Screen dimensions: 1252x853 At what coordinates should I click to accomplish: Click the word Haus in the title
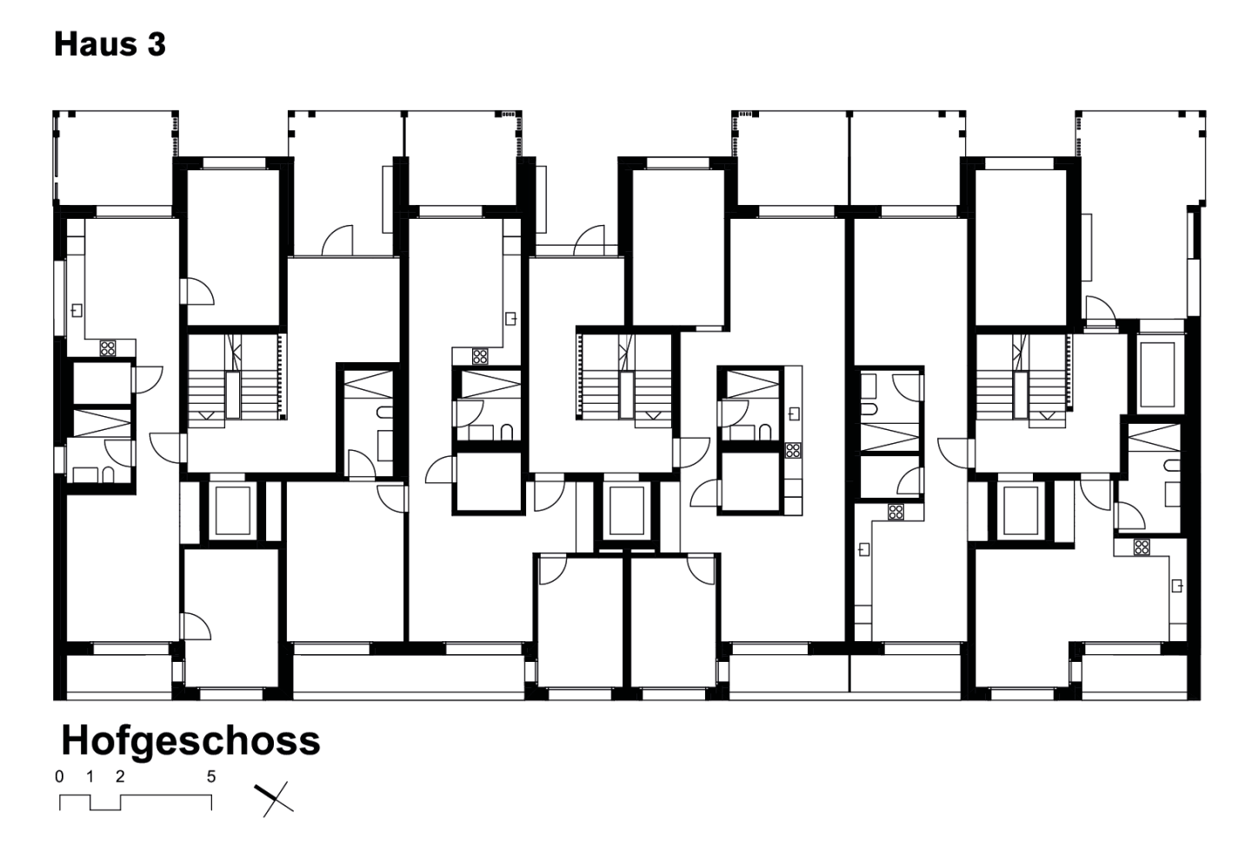click(96, 44)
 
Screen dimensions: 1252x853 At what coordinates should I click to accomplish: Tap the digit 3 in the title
click(157, 44)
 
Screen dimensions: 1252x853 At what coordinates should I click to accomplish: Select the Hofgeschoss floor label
click(190, 740)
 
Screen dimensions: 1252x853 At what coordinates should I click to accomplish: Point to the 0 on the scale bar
click(59, 777)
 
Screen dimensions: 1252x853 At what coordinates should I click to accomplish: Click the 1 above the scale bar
click(90, 777)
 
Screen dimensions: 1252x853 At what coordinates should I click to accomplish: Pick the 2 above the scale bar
click(120, 777)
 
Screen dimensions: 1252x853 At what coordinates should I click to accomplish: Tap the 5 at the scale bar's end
click(210, 777)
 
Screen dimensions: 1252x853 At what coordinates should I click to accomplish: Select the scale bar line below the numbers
click(136, 803)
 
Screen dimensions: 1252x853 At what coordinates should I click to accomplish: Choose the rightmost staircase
click(1022, 381)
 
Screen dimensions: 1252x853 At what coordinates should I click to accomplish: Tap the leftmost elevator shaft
click(233, 511)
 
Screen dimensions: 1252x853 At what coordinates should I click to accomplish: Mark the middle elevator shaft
click(627, 511)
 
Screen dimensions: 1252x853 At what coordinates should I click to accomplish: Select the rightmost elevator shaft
click(1021, 511)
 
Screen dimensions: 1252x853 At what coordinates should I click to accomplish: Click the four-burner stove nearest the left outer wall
click(107, 348)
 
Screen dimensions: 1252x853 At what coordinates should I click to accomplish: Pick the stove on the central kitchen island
click(793, 450)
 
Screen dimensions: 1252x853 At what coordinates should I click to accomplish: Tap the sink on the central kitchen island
click(794, 413)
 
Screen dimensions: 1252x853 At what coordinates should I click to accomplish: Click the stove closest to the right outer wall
click(1142, 547)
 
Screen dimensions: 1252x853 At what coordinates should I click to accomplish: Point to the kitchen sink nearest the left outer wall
click(77, 310)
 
